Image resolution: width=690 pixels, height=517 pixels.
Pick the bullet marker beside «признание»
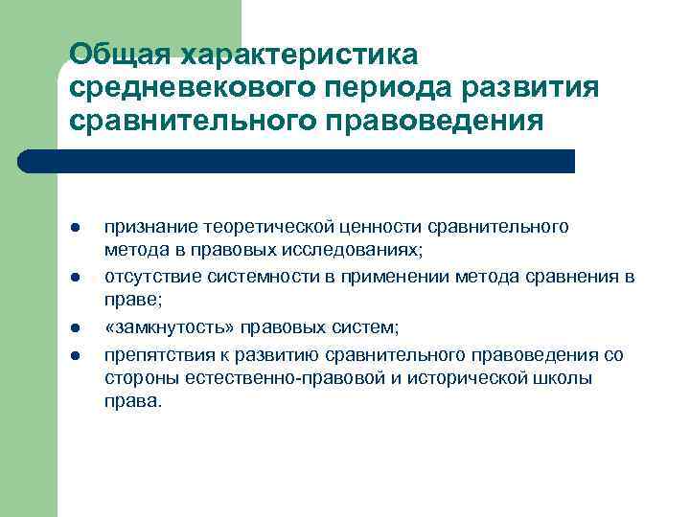point(74,227)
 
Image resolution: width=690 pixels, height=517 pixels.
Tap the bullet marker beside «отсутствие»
point(74,279)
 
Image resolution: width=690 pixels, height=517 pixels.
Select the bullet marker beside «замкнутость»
point(74,329)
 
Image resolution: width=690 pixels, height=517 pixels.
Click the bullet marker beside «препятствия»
point(74,355)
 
